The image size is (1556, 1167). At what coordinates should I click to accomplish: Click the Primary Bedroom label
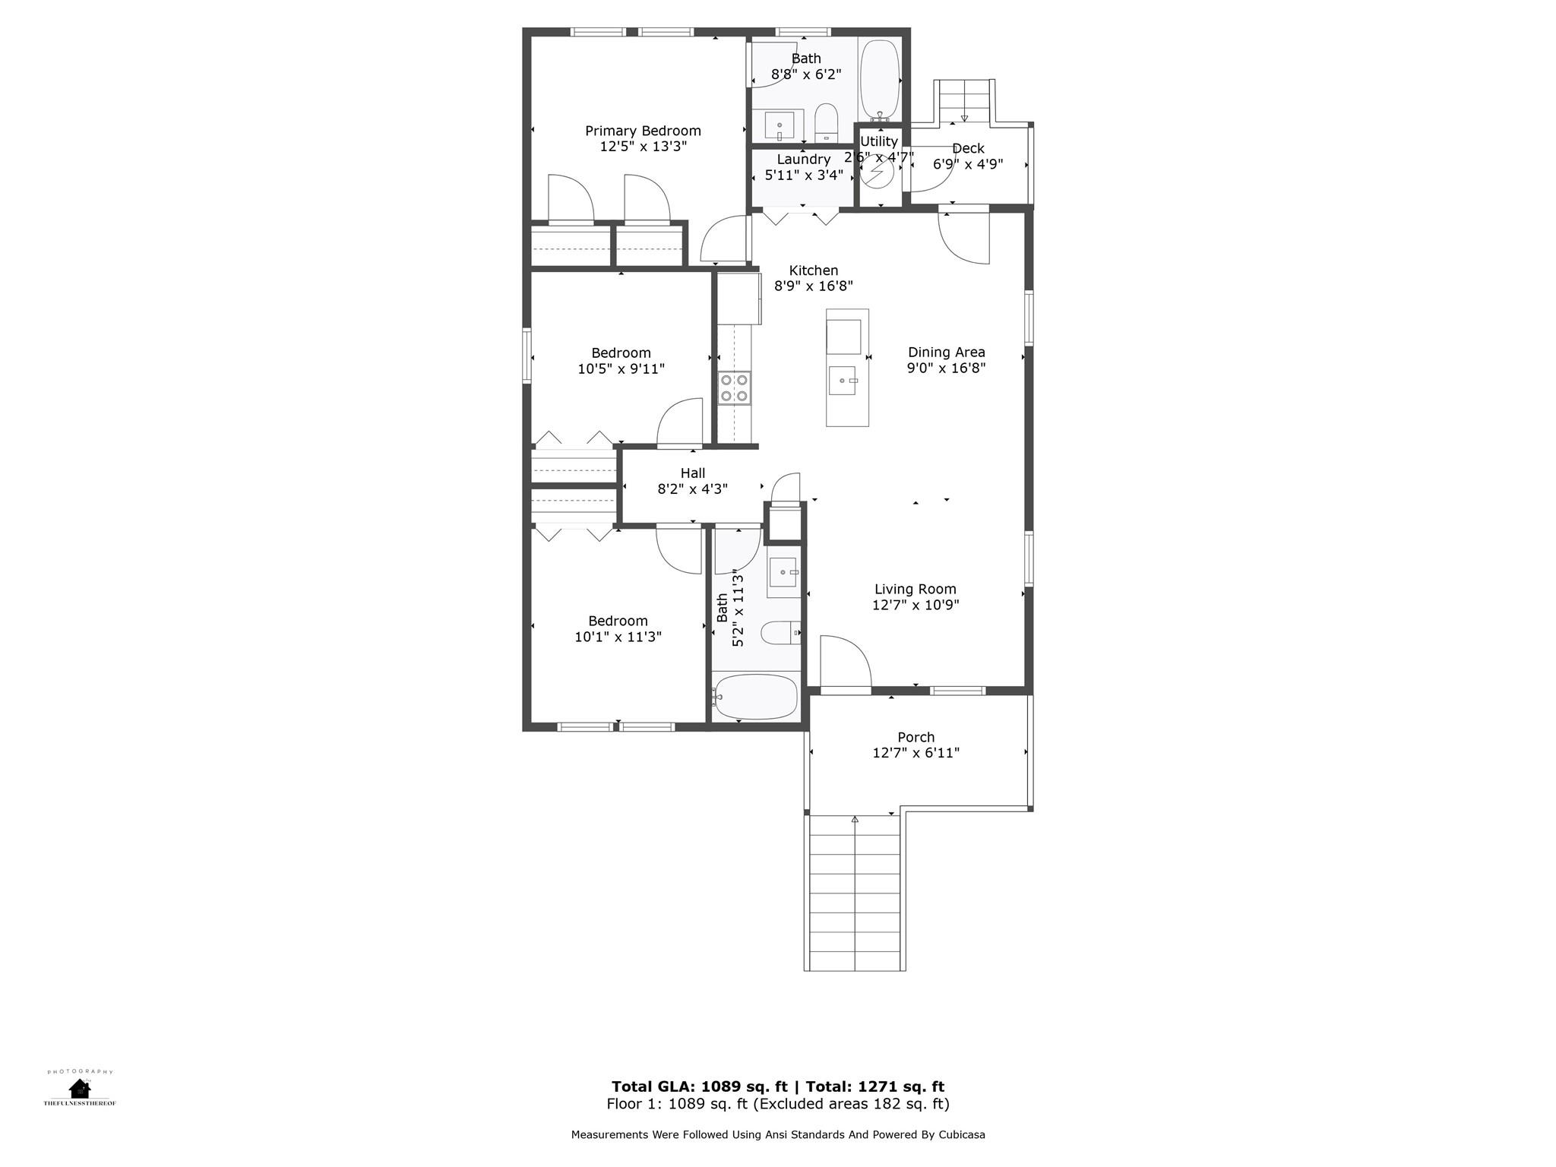[x=643, y=131]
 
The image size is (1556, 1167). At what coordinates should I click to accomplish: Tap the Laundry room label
[x=803, y=160]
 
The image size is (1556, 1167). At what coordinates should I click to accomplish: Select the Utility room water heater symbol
[x=878, y=172]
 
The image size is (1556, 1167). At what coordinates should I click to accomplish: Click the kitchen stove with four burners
[x=735, y=387]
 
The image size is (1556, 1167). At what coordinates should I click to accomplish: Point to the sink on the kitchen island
[x=844, y=381]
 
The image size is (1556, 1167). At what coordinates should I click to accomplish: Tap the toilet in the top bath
[x=826, y=124]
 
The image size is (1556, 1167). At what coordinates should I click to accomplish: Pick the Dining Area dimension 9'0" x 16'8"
[x=946, y=368]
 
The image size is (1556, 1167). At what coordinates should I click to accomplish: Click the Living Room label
[x=915, y=589]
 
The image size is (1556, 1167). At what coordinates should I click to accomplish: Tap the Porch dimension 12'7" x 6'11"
[x=916, y=753]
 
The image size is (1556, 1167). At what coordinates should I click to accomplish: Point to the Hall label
[x=692, y=473]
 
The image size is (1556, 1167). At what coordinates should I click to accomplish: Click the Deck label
[x=968, y=148]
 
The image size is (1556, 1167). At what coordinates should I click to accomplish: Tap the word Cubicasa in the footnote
[x=962, y=1135]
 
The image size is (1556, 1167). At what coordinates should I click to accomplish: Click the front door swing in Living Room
[x=846, y=661]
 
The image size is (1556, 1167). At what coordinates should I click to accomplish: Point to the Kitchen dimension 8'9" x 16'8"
[x=813, y=286]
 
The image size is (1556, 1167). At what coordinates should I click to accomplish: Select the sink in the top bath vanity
[x=780, y=125]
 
